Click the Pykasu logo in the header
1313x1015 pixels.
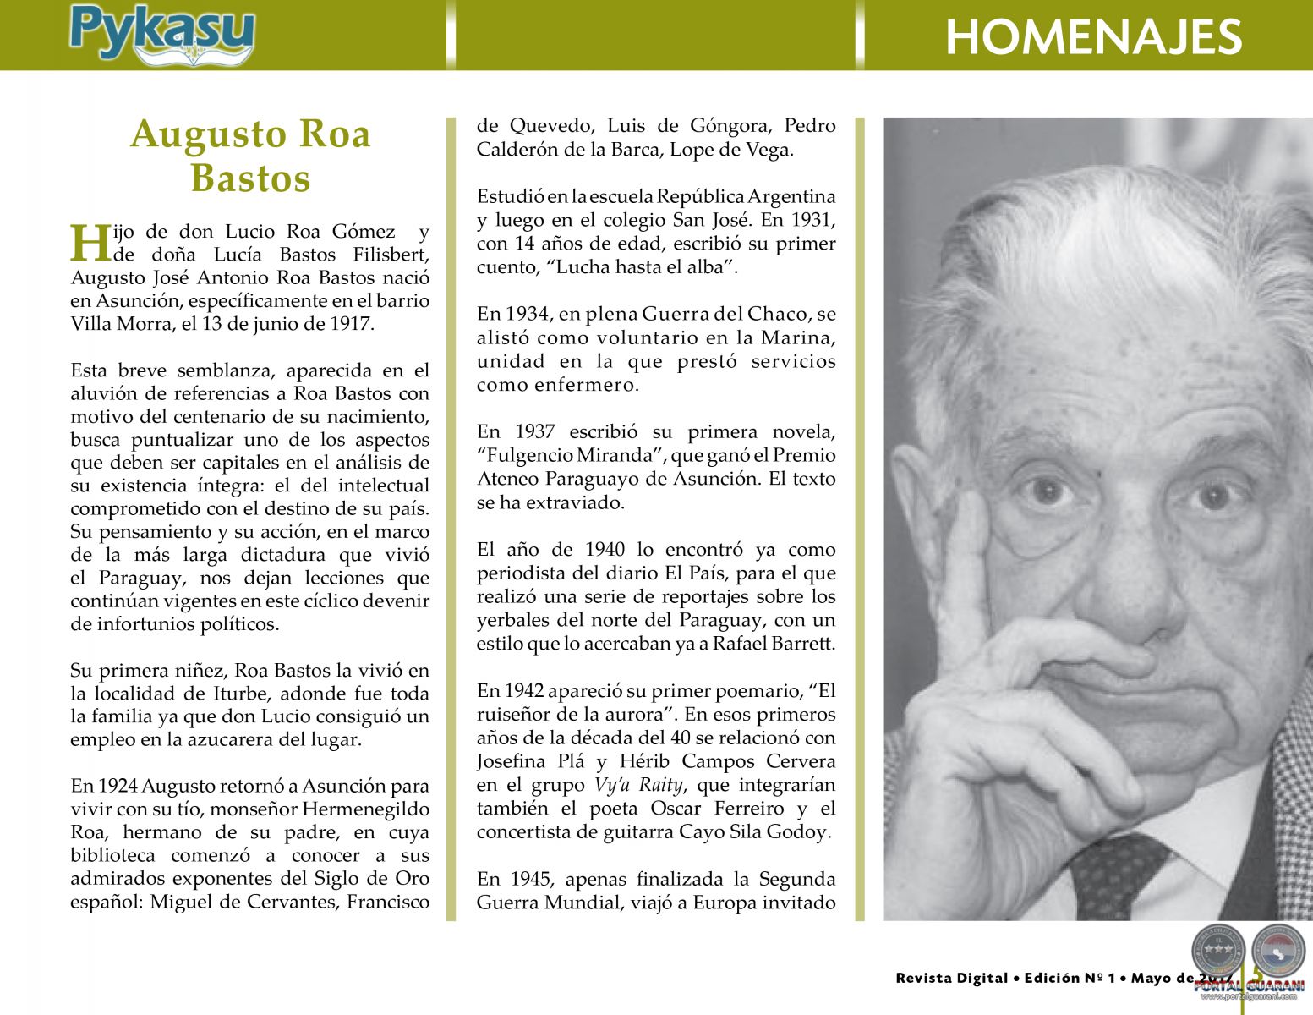(x=161, y=34)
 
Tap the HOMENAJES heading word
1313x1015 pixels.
(x=1092, y=37)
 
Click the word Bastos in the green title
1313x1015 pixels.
(x=250, y=178)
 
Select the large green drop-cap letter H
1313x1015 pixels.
(x=90, y=244)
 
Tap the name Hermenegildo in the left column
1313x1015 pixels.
(x=365, y=809)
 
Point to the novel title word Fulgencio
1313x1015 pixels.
(x=525, y=456)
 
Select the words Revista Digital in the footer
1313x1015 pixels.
(x=952, y=979)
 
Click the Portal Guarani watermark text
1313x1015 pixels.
(x=1249, y=987)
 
